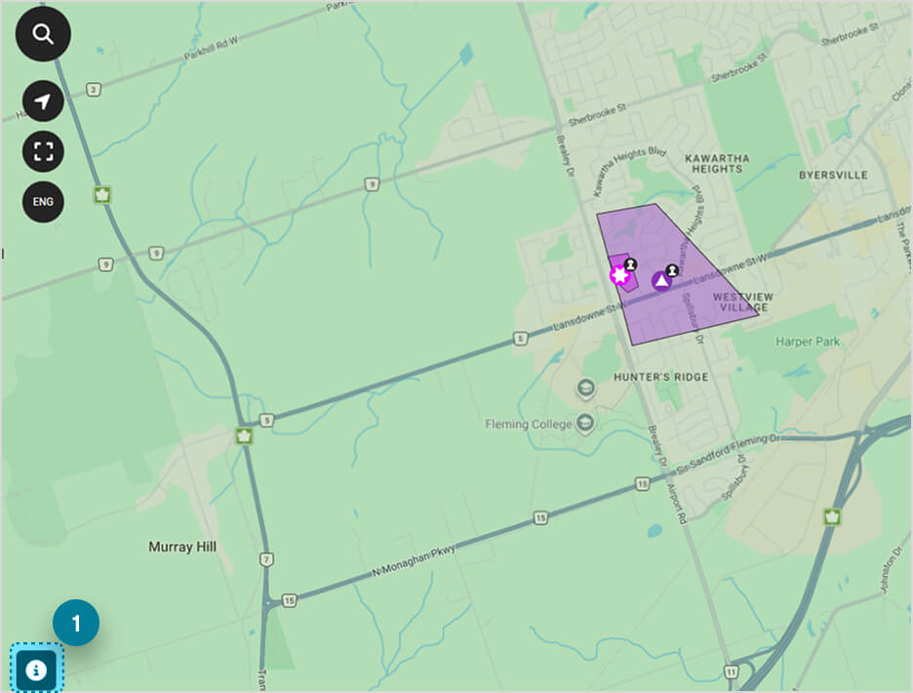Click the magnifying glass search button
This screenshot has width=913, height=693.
click(x=43, y=33)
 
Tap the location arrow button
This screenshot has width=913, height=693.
click(x=43, y=102)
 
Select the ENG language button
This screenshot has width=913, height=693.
click(x=43, y=202)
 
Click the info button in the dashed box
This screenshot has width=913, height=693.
click(x=36, y=670)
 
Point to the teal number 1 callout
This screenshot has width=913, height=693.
click(x=76, y=622)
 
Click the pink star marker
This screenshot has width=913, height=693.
click(x=619, y=275)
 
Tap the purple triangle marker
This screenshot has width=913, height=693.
click(x=661, y=281)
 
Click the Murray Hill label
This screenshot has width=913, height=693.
click(x=182, y=547)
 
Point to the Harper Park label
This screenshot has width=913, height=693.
click(x=808, y=342)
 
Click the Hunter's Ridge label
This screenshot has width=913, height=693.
click(x=661, y=377)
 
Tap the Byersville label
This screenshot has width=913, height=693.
click(x=832, y=175)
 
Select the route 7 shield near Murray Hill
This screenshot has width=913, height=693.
click(x=266, y=559)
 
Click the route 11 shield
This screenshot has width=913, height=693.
click(x=731, y=671)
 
